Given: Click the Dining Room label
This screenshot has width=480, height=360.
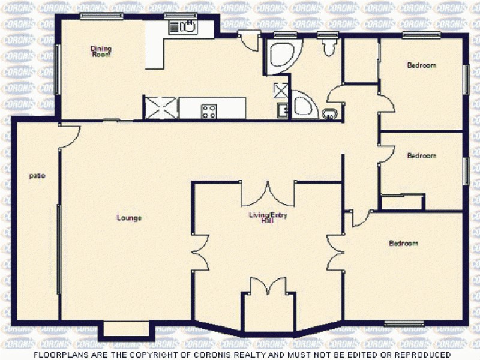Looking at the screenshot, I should (101, 51).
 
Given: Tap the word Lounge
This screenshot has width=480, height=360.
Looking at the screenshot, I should (129, 218).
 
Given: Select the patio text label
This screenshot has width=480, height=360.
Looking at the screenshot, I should (37, 176).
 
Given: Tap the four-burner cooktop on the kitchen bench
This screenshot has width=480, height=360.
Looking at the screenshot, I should (209, 110).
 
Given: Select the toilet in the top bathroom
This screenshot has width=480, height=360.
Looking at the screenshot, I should (328, 46).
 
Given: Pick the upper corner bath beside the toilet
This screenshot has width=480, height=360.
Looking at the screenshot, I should (280, 55).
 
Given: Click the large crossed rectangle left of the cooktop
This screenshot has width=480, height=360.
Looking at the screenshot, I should (161, 108).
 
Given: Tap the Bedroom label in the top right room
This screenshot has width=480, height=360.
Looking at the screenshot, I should (421, 65).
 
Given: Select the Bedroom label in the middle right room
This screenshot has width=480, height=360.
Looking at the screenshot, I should (421, 156).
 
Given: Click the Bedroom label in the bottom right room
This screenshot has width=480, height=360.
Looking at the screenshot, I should (403, 244).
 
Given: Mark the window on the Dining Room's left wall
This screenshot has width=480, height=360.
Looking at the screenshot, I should (58, 67).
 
